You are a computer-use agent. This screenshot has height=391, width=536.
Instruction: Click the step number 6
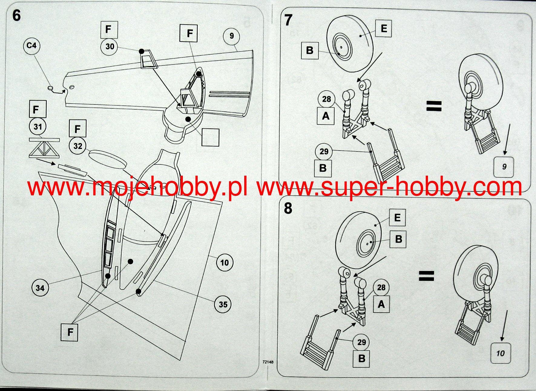coord(17,15)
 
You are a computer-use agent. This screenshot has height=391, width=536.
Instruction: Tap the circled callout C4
coord(31,46)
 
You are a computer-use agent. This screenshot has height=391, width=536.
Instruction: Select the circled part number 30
coord(110,47)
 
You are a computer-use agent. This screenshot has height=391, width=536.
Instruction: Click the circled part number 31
coord(38,127)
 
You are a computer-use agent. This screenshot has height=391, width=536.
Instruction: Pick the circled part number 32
coord(77,146)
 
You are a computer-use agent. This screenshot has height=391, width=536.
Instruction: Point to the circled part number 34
coord(40,288)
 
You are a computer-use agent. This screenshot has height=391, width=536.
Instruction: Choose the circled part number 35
coord(223,304)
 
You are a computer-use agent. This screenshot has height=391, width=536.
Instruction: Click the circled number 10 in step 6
coord(225,263)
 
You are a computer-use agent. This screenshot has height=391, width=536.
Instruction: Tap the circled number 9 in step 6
coord(232,36)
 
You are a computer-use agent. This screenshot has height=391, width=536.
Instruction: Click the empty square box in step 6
coord(210,137)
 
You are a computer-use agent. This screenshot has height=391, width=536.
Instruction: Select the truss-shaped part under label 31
coord(44,148)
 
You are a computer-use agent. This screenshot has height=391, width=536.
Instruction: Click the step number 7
coord(288,20)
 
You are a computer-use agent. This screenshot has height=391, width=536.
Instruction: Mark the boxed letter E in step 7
coord(384,28)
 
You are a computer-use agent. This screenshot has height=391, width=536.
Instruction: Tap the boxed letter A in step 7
coord(326,116)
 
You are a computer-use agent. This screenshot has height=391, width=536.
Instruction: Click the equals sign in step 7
coord(434,106)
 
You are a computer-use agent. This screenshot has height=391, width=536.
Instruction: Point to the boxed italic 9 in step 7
coord(504,167)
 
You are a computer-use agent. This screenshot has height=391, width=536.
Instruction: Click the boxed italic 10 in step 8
coord(500,353)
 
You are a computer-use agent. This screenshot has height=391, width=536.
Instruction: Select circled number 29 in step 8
coord(362,343)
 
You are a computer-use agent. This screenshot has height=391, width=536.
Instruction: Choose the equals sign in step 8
coord(426,276)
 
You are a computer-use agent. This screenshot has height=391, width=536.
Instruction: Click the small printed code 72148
coord(268,362)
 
